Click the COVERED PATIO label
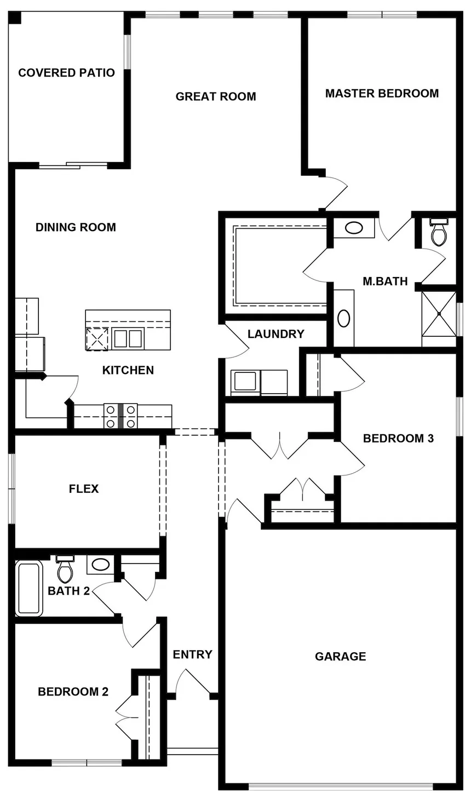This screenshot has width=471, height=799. [x=66, y=73]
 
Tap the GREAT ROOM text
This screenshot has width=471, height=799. [x=216, y=96]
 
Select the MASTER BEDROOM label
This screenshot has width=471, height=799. [x=382, y=93]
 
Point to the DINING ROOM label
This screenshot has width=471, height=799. [x=76, y=227]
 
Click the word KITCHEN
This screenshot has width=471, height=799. [x=128, y=370]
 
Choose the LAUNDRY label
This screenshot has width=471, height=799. [x=275, y=334]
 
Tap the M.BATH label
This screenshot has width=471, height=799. [x=385, y=281]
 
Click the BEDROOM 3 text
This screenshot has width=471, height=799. [x=398, y=438]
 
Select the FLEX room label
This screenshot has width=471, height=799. [x=84, y=488]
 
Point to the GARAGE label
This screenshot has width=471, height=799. [x=340, y=656]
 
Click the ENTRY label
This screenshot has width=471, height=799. [x=192, y=654]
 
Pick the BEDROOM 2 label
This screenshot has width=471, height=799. [x=73, y=692]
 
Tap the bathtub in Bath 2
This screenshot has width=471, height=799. [x=29, y=588]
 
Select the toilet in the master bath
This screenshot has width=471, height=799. [x=439, y=233]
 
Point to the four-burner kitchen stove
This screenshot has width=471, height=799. [x=120, y=416]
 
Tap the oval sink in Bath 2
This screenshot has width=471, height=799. [x=100, y=564]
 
